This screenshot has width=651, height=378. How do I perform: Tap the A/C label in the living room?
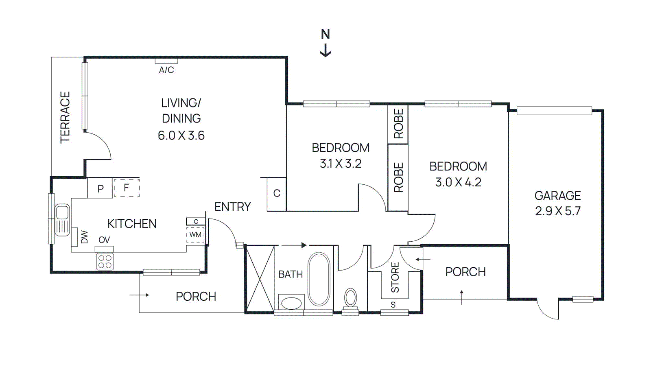pyautogui.click(x=166, y=70)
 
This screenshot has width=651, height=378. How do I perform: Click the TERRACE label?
pyautogui.click(x=65, y=117)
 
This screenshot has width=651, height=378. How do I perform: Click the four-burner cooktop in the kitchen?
pyautogui.click(x=105, y=262)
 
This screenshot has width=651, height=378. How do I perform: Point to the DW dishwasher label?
pyautogui.click(x=84, y=237)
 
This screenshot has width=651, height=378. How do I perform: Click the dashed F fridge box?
pyautogui.click(x=127, y=188)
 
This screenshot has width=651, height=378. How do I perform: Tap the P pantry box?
pyautogui.click(x=100, y=188)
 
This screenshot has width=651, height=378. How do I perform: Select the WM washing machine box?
pyautogui.click(x=195, y=235)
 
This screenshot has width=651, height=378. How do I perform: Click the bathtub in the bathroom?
pyautogui.click(x=319, y=279)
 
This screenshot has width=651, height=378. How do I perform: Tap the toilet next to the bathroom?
pyautogui.click(x=350, y=298)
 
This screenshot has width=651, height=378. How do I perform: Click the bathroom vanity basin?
pyautogui.click(x=291, y=303)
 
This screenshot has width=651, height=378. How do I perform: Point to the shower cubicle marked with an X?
pyautogui.click(x=260, y=279)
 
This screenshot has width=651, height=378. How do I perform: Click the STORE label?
pyautogui.click(x=395, y=277)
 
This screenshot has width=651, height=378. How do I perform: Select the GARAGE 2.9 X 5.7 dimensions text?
pyautogui.click(x=557, y=211)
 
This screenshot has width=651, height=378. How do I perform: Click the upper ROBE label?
pyautogui.click(x=398, y=124)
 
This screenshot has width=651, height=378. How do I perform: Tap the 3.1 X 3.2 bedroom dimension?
pyautogui.click(x=341, y=164)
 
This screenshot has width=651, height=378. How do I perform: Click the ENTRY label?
pyautogui.click(x=232, y=207)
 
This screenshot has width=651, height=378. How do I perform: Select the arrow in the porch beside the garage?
pyautogui.click(x=462, y=297)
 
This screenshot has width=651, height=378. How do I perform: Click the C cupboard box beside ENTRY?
pyautogui.click(x=277, y=193)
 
